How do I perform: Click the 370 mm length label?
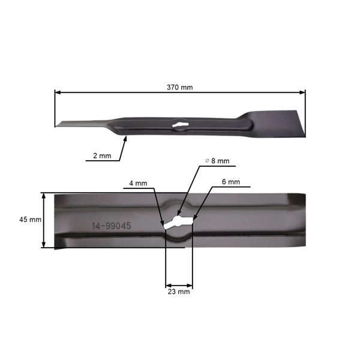(180, 87)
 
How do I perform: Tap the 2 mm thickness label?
(101, 155)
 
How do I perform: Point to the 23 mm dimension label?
(179, 292)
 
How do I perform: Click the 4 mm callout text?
(137, 182)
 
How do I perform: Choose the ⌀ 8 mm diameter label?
(217, 161)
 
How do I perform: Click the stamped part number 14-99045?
(111, 227)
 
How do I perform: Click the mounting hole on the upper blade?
(179, 125)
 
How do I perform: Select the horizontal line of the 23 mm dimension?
(179, 284)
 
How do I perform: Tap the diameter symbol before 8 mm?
(207, 161)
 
